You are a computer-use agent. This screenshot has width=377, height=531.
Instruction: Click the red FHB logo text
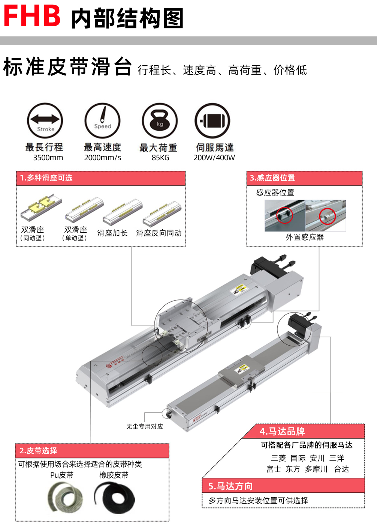click(x=32, y=16)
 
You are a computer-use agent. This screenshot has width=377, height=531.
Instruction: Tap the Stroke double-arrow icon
click(x=45, y=120)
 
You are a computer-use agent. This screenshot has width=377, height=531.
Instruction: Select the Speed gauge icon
click(x=102, y=120)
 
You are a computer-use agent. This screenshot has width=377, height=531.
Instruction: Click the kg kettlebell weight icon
click(x=160, y=120)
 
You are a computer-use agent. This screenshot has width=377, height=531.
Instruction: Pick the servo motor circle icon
click(x=212, y=120)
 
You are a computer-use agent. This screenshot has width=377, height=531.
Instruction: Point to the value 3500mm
click(x=48, y=158)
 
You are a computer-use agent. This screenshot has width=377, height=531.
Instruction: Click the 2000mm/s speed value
click(x=102, y=158)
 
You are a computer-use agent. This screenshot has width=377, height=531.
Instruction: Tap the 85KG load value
click(x=160, y=158)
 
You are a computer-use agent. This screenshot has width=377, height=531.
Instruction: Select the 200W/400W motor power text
click(x=214, y=158)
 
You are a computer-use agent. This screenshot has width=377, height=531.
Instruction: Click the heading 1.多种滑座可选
click(x=46, y=178)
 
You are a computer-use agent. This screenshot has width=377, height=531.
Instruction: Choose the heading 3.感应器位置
click(x=272, y=178)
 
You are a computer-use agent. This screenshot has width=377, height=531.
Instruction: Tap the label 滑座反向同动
click(x=159, y=233)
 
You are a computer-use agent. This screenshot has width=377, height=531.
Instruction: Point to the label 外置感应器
click(x=305, y=237)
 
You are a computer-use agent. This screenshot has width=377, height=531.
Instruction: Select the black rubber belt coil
click(x=115, y=498)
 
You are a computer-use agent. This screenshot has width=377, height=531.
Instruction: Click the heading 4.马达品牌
click(x=282, y=432)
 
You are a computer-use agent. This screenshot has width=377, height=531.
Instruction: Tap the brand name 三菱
click(x=278, y=458)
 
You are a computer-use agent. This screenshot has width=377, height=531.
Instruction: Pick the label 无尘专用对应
click(x=145, y=426)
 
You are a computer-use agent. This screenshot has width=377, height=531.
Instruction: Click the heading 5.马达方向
click(x=230, y=486)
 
